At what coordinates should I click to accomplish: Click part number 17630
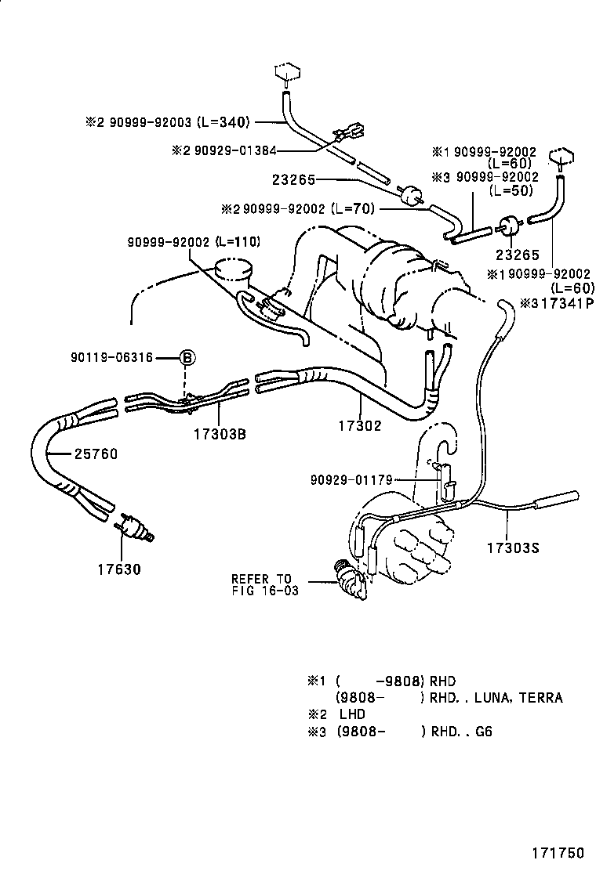pos(119,569)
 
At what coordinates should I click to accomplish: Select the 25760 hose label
pos(96,454)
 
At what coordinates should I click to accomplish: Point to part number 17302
pos(359,426)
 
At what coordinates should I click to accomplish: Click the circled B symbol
pos(187,358)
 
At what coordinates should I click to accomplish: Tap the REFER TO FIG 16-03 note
pos(265,584)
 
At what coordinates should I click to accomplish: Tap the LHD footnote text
pos(352,714)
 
